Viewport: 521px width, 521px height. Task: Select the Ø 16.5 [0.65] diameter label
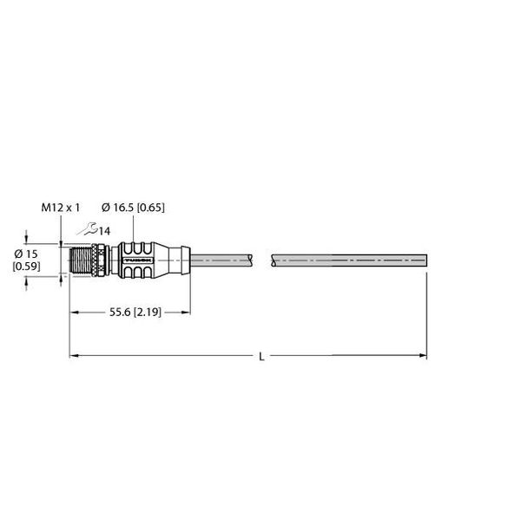click(x=133, y=208)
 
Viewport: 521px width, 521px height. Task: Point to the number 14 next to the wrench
click(x=104, y=230)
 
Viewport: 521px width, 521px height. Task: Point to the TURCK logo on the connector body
click(x=138, y=259)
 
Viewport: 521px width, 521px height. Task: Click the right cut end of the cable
click(x=425, y=259)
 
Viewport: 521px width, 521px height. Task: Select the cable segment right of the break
click(x=347, y=259)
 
